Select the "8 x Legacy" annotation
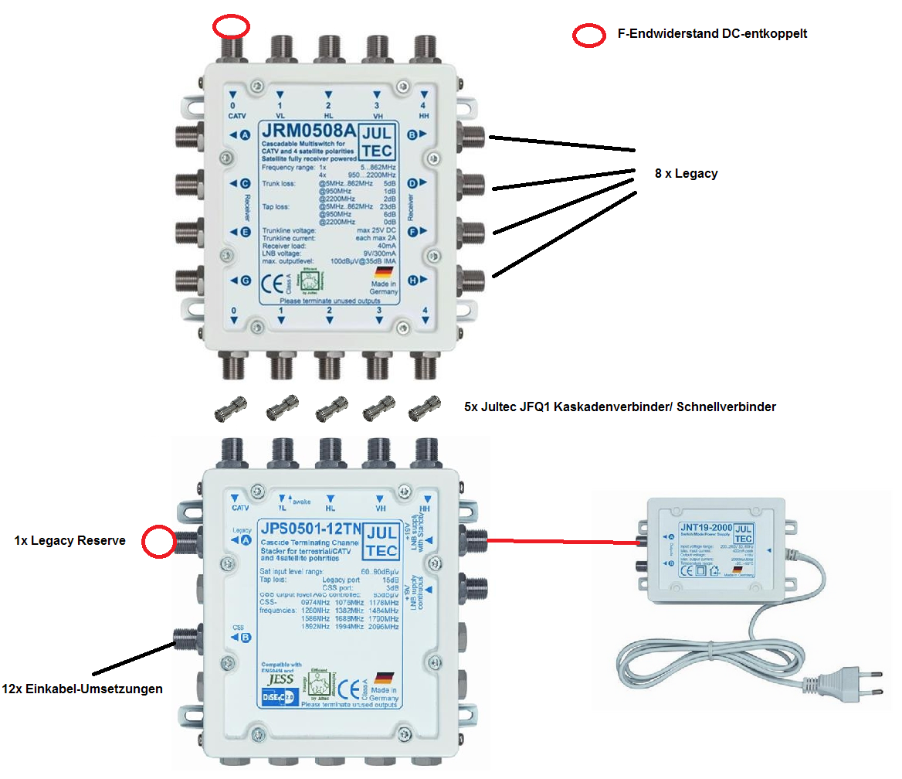point(686,174)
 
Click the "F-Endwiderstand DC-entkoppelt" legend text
point(712,34)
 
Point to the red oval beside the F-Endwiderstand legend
point(588,35)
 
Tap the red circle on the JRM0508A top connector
point(232,27)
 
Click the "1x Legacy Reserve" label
point(70,541)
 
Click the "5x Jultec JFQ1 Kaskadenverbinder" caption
point(619,407)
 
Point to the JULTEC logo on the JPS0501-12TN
point(381,540)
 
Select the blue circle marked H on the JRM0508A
point(413,281)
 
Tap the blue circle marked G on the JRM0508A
point(246,281)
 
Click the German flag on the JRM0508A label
point(384,273)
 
